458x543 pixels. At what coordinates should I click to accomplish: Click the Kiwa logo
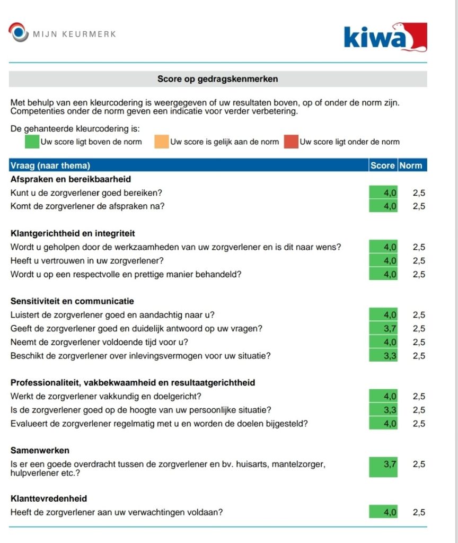(385, 37)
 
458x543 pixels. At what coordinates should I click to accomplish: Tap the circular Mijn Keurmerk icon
(19, 32)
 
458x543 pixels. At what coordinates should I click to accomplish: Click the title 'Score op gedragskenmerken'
(218, 79)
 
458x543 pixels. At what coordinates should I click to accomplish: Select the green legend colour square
(32, 142)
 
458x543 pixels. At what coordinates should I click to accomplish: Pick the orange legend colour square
(162, 142)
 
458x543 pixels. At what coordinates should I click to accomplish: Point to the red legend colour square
(291, 142)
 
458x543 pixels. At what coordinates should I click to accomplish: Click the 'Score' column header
(382, 165)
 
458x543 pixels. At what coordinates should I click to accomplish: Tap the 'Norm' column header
(411, 165)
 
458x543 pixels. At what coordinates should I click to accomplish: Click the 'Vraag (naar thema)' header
(50, 165)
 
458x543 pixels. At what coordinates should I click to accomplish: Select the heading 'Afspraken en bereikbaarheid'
(71, 179)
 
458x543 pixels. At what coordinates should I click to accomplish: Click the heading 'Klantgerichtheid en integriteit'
(73, 233)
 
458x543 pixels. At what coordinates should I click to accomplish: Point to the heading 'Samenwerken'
(40, 450)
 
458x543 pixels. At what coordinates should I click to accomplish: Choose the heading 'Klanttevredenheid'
(49, 498)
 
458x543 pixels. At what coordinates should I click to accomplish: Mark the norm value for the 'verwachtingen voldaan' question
(419, 512)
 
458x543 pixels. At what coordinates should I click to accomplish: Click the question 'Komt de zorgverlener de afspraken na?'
(87, 206)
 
